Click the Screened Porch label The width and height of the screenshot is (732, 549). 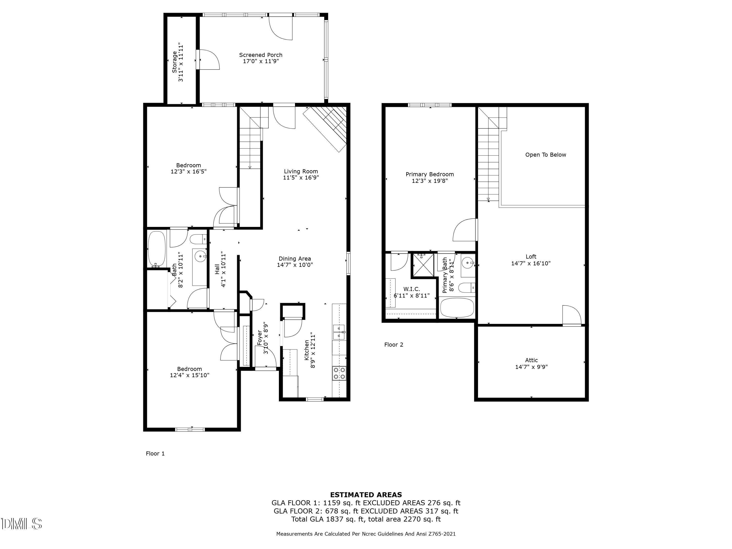point(261,55)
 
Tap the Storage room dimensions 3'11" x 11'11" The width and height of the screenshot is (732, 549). point(181,62)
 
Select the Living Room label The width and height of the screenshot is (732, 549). point(301,171)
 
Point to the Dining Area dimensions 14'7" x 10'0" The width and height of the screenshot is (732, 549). point(295,265)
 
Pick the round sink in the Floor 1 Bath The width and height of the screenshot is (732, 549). point(200,256)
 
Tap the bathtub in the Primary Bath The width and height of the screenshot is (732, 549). point(457,307)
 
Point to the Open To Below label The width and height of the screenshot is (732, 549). point(545,154)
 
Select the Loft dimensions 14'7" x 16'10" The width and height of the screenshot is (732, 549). point(531,264)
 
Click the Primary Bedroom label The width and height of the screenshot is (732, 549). point(429,174)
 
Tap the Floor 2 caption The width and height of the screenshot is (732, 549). point(394,345)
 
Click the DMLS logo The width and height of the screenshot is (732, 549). point(21,524)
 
